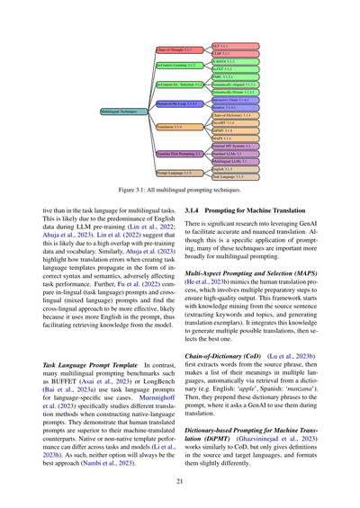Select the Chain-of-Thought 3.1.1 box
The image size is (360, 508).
175,50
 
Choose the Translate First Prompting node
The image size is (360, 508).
178,154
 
